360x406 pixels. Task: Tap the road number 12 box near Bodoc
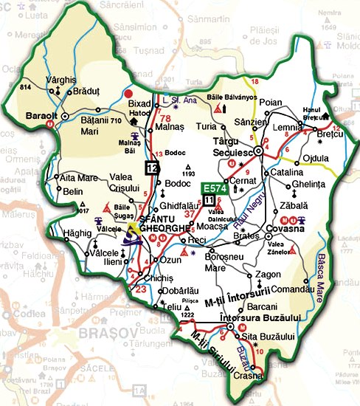click(x=152, y=167)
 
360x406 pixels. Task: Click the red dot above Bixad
click(x=128, y=94)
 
